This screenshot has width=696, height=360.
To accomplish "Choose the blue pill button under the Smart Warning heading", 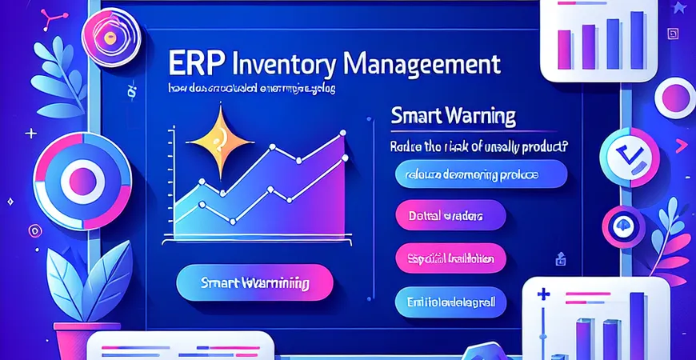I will pos(481,174).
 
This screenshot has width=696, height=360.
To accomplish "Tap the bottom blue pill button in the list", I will pos(450,302).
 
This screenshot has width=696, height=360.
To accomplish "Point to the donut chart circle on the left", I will pos(82,175).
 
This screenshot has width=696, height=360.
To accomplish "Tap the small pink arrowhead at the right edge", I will pos(682,146).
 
